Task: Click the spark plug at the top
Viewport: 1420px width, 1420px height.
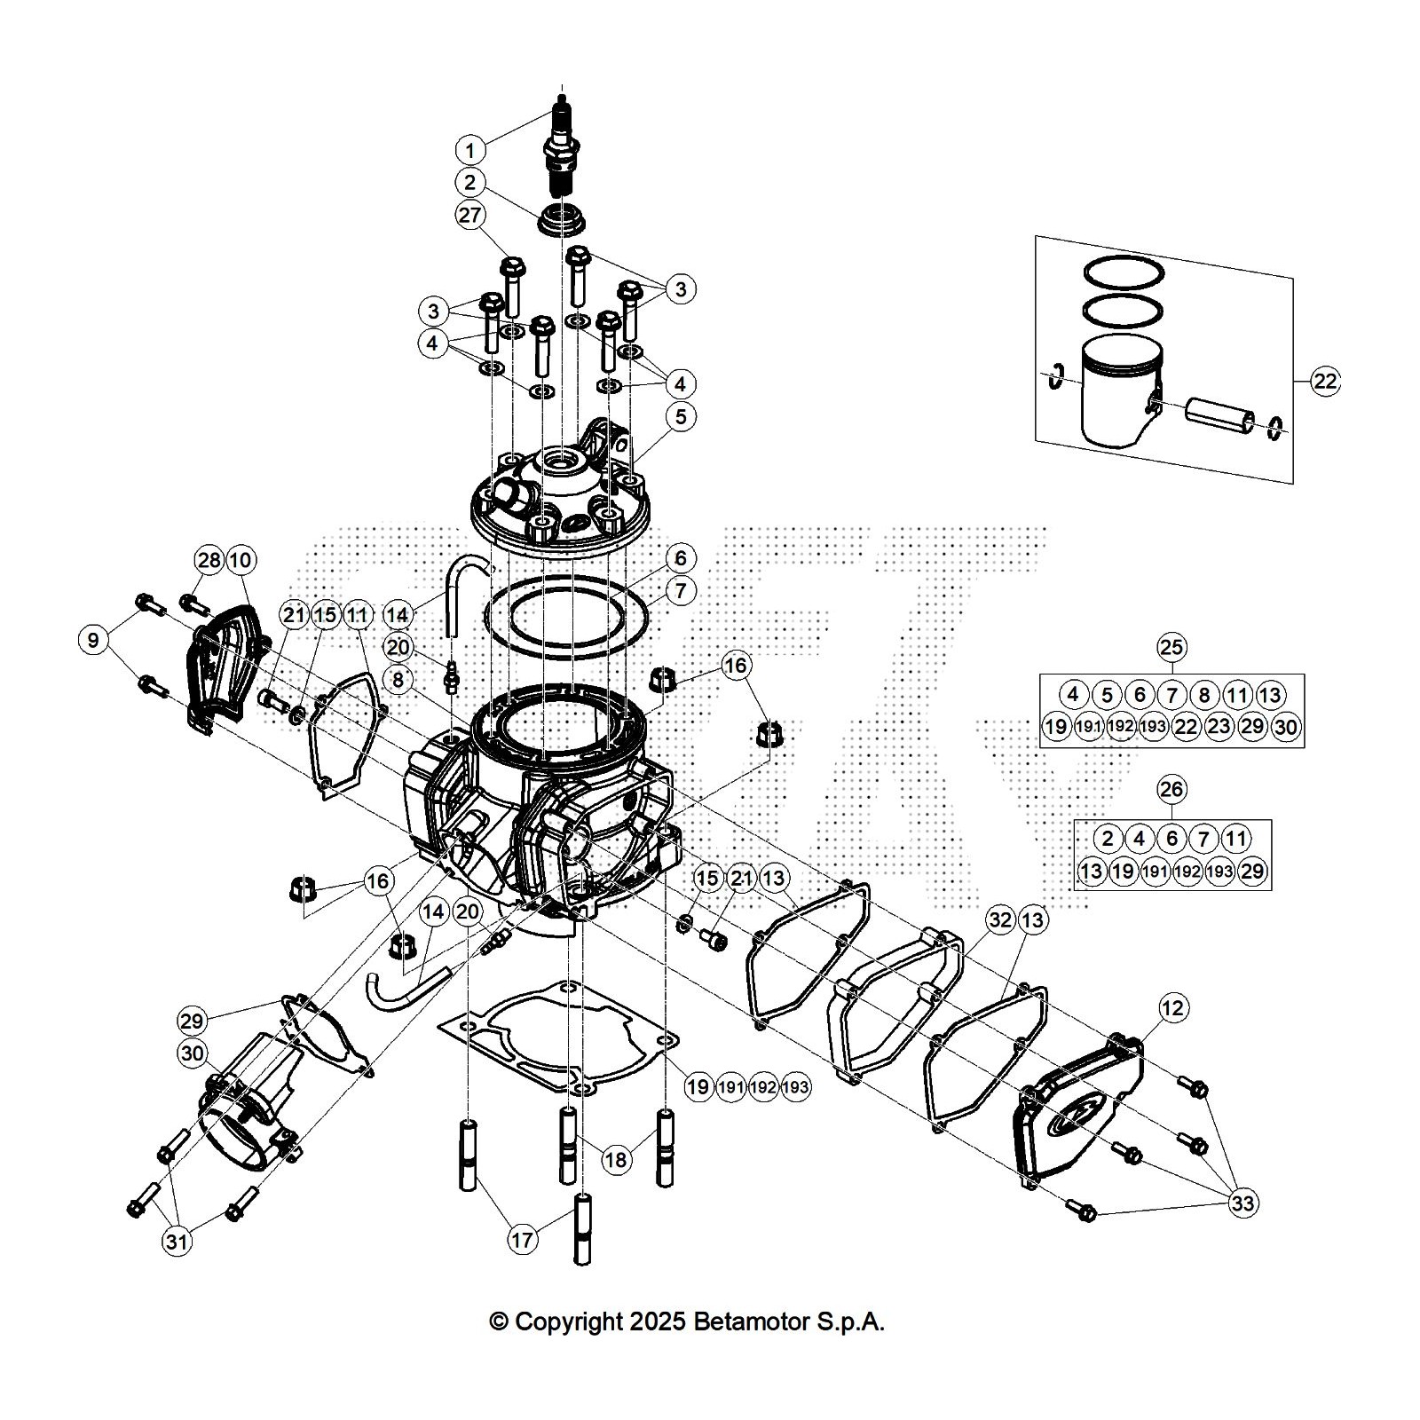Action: click(x=563, y=151)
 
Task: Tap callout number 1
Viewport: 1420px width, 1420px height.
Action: click(x=470, y=148)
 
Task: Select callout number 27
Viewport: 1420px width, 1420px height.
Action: click(x=470, y=216)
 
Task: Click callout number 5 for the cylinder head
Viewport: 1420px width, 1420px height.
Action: click(x=681, y=416)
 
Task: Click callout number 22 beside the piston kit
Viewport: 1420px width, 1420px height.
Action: click(x=1324, y=382)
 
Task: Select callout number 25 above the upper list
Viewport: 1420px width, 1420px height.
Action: click(x=1171, y=647)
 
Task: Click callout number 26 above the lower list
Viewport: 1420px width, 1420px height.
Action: click(x=1171, y=789)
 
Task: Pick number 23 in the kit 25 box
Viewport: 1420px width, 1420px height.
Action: click(x=1219, y=727)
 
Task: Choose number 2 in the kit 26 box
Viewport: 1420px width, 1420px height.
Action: click(x=1107, y=838)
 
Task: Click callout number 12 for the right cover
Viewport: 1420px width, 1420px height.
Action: click(x=1173, y=1007)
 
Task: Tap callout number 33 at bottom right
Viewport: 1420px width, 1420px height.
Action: click(x=1242, y=1203)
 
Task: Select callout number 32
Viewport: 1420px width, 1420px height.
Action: click(x=1000, y=919)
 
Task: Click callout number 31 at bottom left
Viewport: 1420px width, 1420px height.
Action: click(x=177, y=1240)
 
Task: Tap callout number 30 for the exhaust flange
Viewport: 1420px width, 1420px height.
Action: click(x=192, y=1053)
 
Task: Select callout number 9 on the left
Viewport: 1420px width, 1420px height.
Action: click(x=94, y=640)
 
